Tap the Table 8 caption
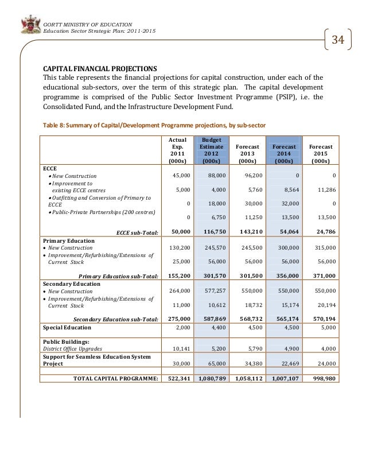tap(153, 125)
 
